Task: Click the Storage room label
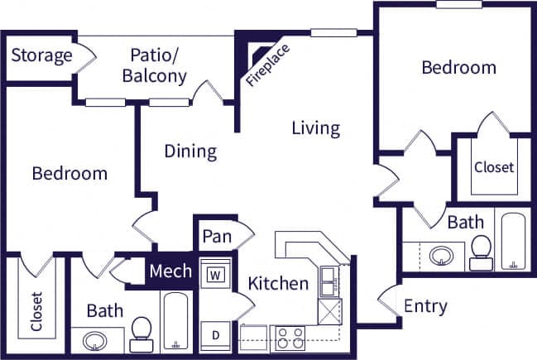pyautogui.click(x=42, y=55)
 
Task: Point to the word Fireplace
pyautogui.click(x=267, y=65)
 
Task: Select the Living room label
pyautogui.click(x=315, y=128)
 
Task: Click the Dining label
pyautogui.click(x=190, y=151)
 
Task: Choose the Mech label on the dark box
pyautogui.click(x=170, y=271)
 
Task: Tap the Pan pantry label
pyautogui.click(x=216, y=237)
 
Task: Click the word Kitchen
pyautogui.click(x=279, y=284)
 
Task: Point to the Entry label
pyautogui.click(x=425, y=306)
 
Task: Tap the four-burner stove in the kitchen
pyautogui.click(x=290, y=338)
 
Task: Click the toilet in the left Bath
pyautogui.click(x=141, y=334)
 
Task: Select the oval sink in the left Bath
pyautogui.click(x=92, y=340)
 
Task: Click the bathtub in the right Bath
pyautogui.click(x=513, y=242)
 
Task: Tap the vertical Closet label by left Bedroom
pyautogui.click(x=36, y=311)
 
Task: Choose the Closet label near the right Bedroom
pyautogui.click(x=494, y=167)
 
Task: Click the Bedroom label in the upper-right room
pyautogui.click(x=458, y=68)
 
